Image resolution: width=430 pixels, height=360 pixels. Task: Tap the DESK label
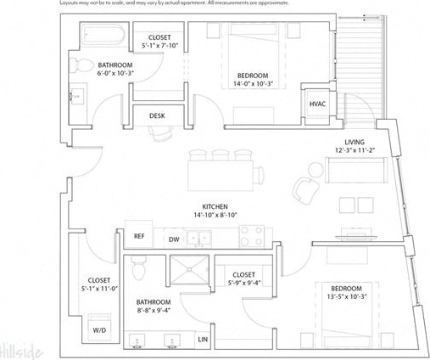(x=157, y=116)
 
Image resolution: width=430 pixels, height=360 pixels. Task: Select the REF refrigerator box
(x=137, y=238)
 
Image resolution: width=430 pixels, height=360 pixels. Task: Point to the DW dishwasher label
(x=173, y=239)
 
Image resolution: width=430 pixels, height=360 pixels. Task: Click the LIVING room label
(x=355, y=142)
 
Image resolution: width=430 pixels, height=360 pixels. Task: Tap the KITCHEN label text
(x=213, y=207)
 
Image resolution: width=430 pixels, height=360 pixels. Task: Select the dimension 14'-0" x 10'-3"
(x=254, y=85)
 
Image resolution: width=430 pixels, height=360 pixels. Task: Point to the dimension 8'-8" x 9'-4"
(x=154, y=310)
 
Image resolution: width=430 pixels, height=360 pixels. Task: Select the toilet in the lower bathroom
(x=144, y=269)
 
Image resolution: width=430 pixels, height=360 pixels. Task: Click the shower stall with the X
(x=189, y=271)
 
